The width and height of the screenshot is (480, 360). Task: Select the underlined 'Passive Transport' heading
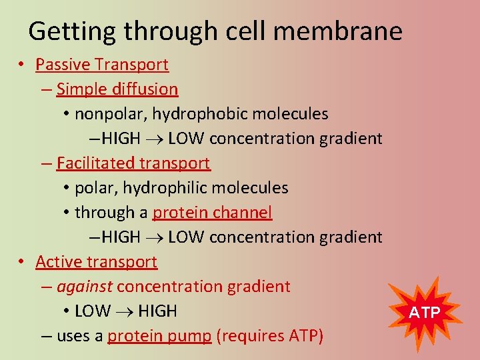102,65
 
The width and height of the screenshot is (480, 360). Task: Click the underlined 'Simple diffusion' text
117,89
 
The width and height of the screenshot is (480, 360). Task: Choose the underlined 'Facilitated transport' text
133,163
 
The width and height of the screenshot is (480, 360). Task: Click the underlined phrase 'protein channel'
212,213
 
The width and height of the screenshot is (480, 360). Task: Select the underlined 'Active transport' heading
97,262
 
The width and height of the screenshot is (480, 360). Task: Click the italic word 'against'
85,287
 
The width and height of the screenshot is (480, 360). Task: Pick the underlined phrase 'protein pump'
159,336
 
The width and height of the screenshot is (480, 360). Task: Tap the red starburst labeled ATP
424,312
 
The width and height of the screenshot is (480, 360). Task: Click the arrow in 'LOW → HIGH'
125,311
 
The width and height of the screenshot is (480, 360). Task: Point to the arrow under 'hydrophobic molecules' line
154,139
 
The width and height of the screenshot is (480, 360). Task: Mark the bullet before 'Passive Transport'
22,65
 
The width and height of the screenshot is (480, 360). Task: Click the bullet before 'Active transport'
22,262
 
